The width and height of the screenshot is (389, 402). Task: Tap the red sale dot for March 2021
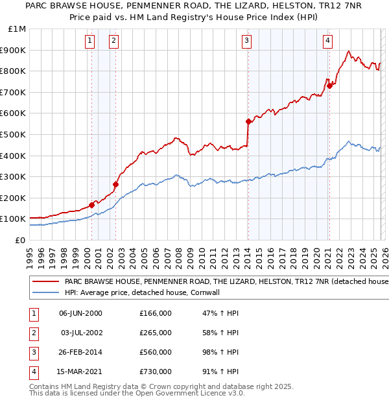tap(329, 85)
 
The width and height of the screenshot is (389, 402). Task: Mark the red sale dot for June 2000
tap(91, 205)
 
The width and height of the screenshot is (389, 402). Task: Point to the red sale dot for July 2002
tap(115, 184)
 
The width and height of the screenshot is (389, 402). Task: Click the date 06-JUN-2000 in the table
tap(80, 313)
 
